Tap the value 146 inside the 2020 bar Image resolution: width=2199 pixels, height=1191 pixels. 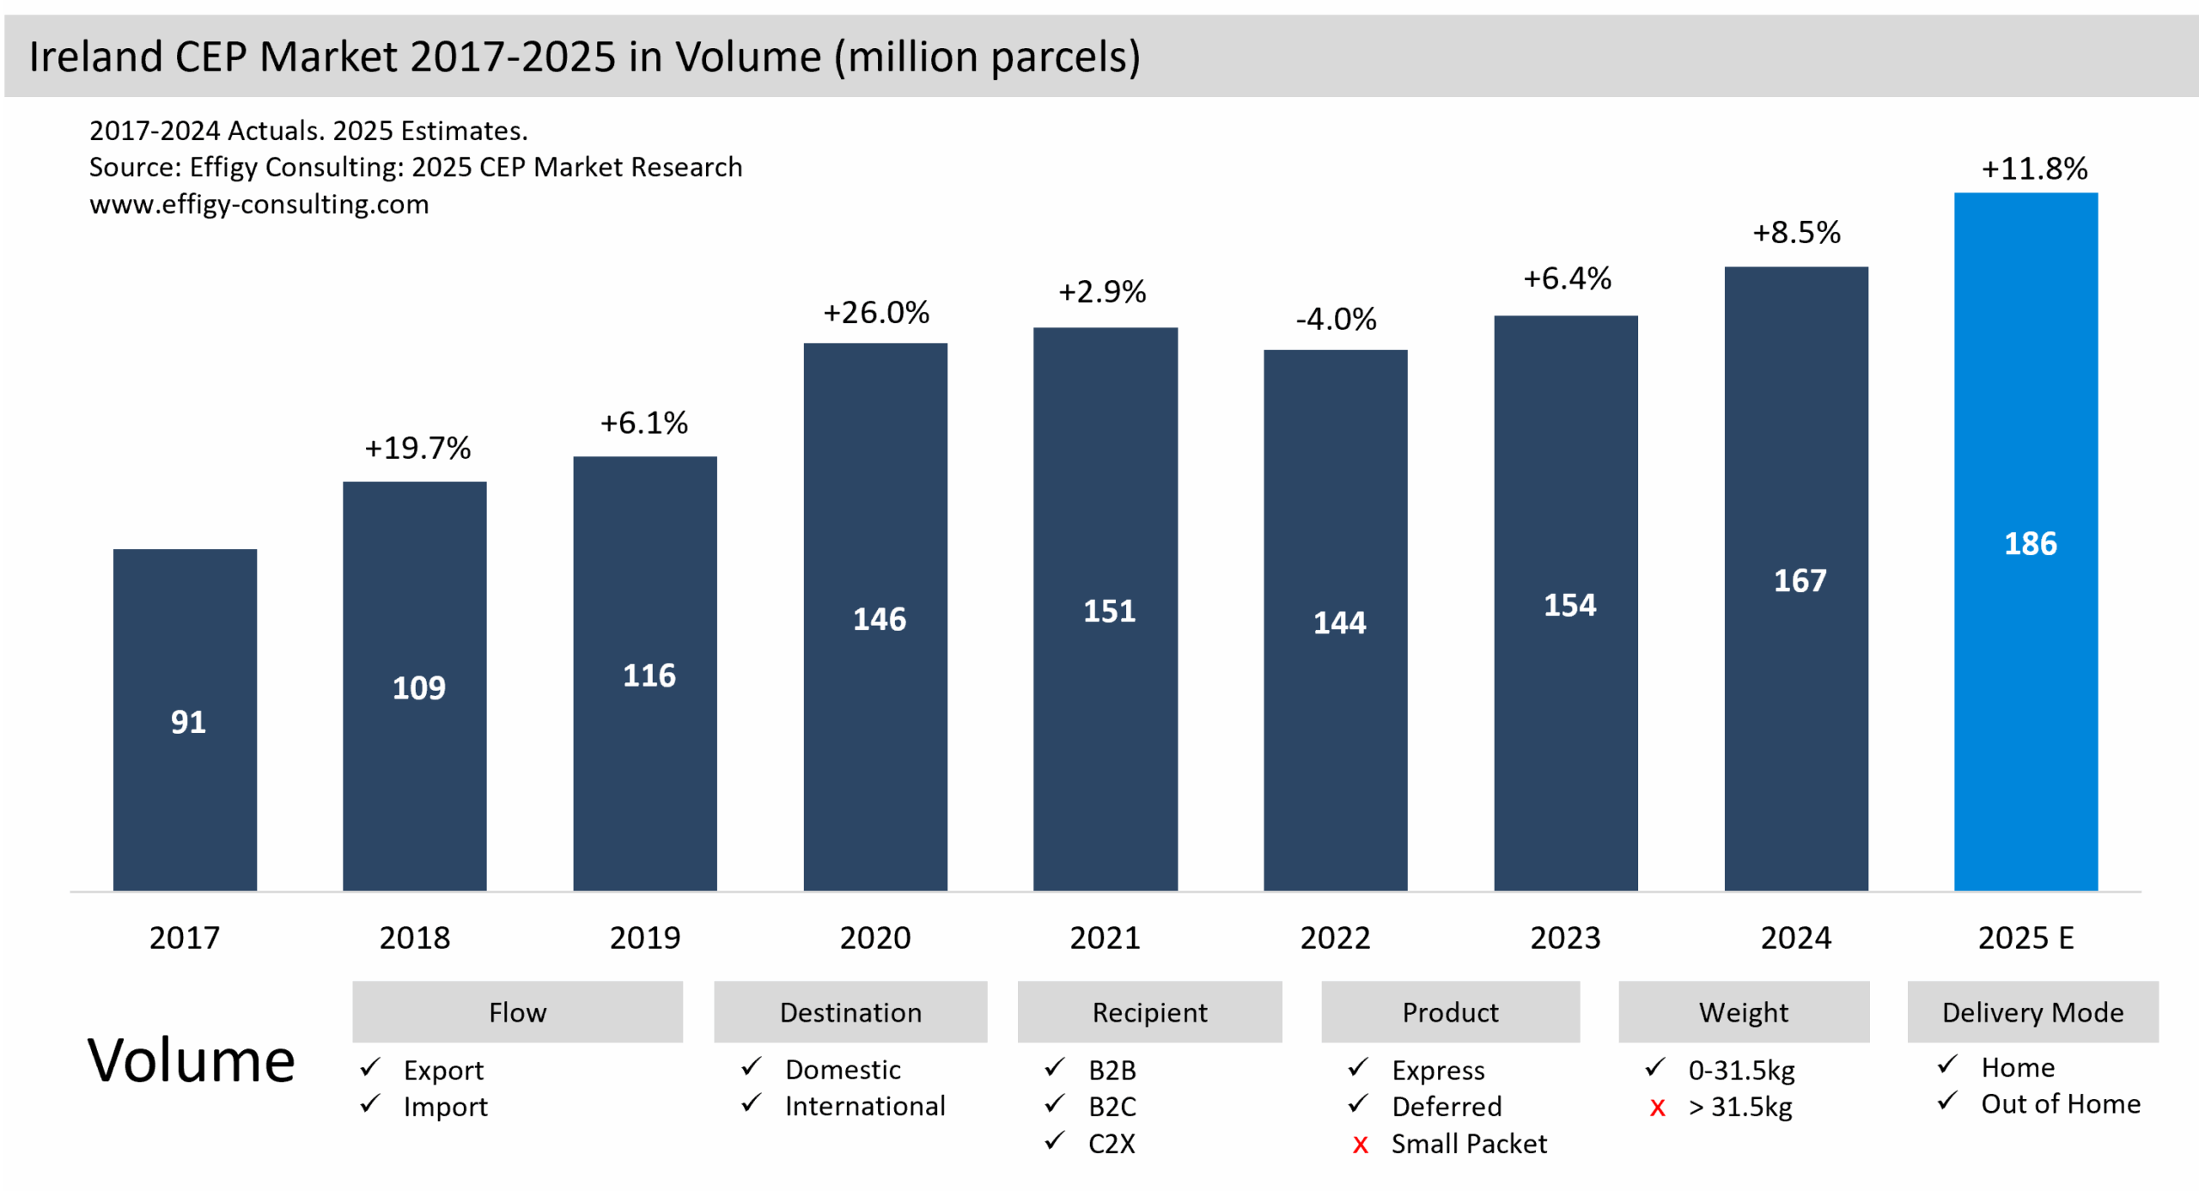coord(879,619)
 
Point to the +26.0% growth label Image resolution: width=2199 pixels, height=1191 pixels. coord(875,312)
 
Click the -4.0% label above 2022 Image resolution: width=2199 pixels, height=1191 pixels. coord(1335,319)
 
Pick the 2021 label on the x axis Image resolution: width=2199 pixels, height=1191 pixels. coord(1105,937)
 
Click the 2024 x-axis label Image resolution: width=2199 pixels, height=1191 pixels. coord(1795,937)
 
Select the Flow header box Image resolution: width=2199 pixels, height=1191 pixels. coord(517,1011)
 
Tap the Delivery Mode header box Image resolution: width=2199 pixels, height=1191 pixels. coord(2031,1011)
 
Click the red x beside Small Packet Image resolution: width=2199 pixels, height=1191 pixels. coord(1360,1145)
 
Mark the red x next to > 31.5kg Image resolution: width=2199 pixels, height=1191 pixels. coord(1657,1108)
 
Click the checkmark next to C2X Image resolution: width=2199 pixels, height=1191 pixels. coord(1055,1141)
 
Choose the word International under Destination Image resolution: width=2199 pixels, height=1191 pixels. coord(864,1106)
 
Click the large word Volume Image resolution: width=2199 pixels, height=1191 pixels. coord(191,1060)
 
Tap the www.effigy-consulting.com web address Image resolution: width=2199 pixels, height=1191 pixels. coord(259,205)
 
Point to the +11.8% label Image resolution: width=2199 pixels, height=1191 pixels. coord(2033,168)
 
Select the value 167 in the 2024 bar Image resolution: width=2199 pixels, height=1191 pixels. coord(1800,580)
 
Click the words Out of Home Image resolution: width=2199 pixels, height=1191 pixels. coord(2060,1103)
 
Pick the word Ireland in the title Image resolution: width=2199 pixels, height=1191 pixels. coord(95,57)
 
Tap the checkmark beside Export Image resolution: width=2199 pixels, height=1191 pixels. coord(370,1067)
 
